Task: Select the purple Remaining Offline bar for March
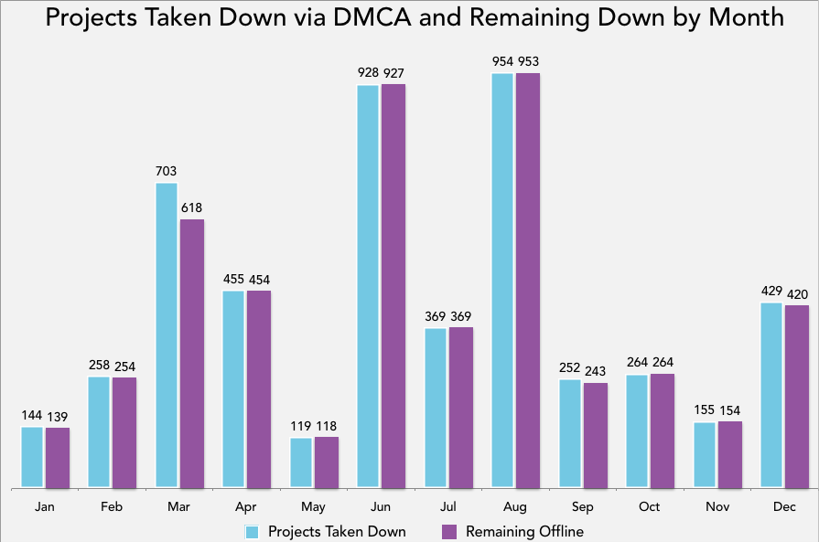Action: coord(192,353)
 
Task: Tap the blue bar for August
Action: coord(503,280)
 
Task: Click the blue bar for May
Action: coord(301,462)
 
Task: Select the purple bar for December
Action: coord(797,396)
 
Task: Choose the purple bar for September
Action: coord(595,435)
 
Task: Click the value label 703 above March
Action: coord(167,171)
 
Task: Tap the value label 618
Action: coord(192,207)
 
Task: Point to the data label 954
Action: coord(503,61)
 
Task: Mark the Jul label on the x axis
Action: coord(448,507)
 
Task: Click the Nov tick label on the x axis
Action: coord(717,507)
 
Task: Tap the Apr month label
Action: coord(246,507)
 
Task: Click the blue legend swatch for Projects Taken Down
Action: coord(253,531)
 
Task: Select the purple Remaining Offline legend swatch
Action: coord(449,531)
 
